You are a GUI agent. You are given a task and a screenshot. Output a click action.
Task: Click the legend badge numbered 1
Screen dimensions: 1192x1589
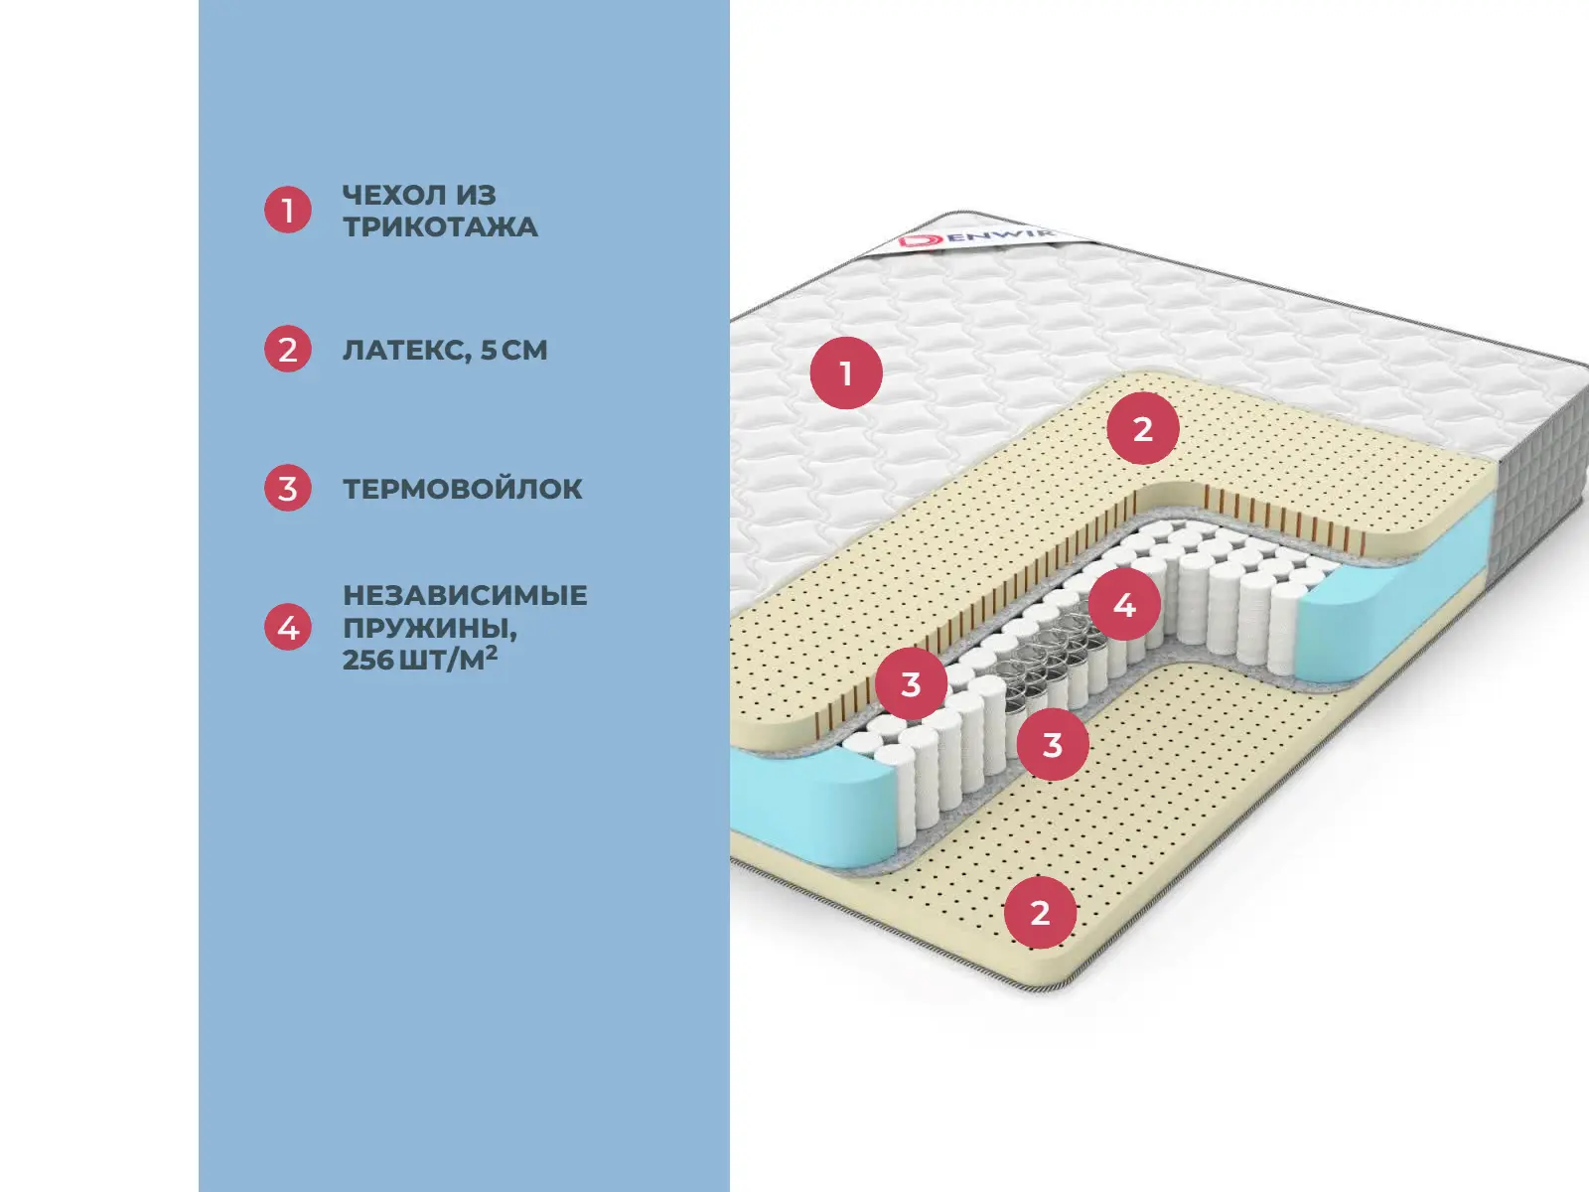[288, 211]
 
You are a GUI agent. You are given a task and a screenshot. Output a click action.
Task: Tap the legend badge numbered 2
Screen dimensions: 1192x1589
[288, 350]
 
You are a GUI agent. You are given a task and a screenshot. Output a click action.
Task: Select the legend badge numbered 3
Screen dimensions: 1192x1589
[288, 489]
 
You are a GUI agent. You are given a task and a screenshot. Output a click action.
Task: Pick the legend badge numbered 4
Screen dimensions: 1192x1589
[288, 628]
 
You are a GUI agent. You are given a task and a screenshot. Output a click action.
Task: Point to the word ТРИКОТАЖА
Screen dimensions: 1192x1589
[440, 227]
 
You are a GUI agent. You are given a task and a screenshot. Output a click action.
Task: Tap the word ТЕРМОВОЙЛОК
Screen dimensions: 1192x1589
[463, 489]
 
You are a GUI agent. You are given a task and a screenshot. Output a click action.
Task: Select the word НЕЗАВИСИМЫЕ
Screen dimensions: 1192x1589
[465, 595]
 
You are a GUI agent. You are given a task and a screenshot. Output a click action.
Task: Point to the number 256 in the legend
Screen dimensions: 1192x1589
[367, 660]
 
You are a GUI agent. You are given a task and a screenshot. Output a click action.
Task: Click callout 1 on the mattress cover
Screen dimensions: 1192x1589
[846, 373]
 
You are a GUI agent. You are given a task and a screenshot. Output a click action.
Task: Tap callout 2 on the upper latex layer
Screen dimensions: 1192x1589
[1143, 429]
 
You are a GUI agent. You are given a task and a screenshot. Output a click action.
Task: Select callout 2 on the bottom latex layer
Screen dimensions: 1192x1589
[1040, 912]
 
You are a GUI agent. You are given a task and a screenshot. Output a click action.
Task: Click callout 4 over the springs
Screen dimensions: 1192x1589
[1124, 604]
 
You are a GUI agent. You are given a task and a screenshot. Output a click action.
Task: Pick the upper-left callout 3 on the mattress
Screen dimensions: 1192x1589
[911, 683]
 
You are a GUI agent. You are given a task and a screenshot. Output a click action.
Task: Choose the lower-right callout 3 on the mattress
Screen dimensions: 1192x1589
[1053, 744]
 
